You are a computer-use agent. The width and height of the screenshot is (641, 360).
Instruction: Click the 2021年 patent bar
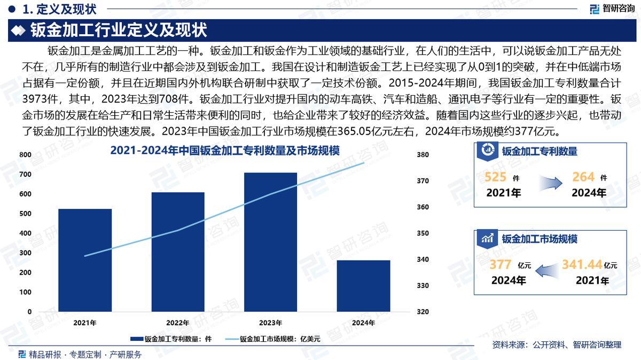tap(85, 260)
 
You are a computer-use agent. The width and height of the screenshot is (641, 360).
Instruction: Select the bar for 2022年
tap(178, 252)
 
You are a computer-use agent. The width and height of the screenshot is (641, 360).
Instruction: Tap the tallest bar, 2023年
tap(270, 241)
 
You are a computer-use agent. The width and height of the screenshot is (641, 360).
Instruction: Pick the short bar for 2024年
tap(363, 286)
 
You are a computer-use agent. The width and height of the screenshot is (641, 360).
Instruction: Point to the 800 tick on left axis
tap(26, 155)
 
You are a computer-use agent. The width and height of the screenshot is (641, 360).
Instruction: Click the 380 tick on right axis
tap(423, 155)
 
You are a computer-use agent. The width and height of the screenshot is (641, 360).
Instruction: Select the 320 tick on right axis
tap(423, 311)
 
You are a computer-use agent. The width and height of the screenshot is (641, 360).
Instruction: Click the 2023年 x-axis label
tap(270, 323)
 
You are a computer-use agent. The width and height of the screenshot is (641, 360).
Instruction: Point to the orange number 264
tap(583, 177)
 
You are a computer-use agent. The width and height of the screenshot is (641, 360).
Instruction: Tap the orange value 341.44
tap(582, 264)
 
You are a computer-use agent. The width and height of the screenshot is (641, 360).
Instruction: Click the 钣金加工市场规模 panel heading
tap(539, 239)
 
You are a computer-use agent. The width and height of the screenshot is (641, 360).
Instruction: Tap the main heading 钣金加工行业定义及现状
tap(119, 29)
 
